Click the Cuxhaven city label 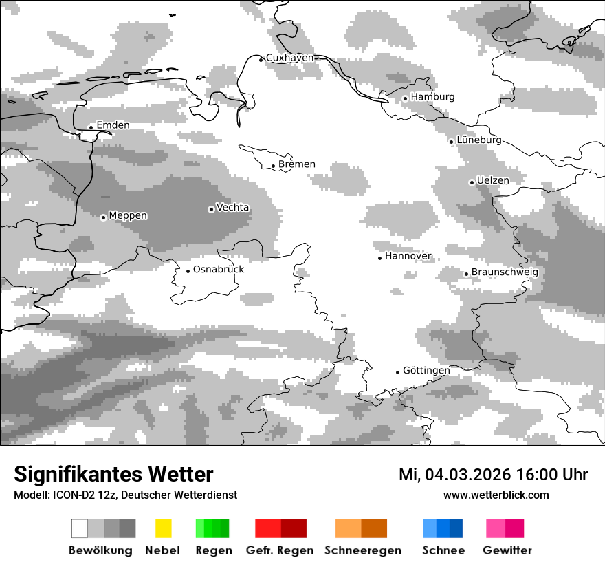[289, 58]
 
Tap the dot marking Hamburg [405, 98]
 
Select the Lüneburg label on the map [478, 140]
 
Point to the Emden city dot [91, 127]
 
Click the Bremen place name [297, 164]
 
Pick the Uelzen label [493, 180]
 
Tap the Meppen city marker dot [103, 217]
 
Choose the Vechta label [232, 207]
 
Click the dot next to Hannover [379, 258]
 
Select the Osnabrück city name [218, 269]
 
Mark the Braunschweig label [505, 272]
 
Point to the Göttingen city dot [397, 372]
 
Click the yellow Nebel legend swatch [163, 528]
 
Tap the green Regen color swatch [212, 528]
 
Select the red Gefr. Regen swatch [280, 528]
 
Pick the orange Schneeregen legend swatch [361, 528]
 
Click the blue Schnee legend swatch [443, 528]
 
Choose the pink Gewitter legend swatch [505, 528]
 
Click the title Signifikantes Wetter [113, 474]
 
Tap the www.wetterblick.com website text [496, 495]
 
